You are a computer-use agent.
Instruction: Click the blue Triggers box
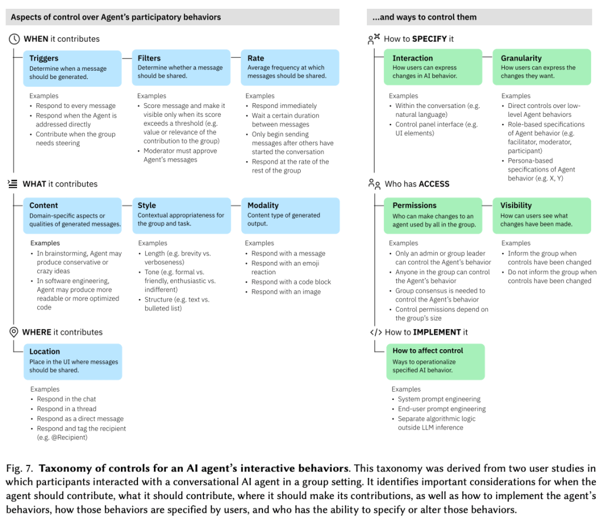73,67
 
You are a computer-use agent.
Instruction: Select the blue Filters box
181,67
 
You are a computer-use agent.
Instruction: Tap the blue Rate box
290,67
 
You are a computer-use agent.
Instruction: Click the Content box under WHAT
73,214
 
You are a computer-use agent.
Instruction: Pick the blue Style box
181,214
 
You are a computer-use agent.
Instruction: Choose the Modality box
290,214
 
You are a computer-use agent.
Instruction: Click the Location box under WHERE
73,360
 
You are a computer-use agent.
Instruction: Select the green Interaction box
435,67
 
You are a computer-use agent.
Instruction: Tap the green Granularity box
541,67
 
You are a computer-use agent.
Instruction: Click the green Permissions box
435,214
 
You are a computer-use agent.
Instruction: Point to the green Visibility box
541,214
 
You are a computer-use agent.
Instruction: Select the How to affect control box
435,360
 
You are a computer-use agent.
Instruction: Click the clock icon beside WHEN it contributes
14,39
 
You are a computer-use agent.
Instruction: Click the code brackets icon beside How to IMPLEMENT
375,332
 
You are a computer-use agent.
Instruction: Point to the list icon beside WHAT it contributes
14,184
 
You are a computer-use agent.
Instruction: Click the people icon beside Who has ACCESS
374,184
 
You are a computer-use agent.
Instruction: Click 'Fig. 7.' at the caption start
19,469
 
